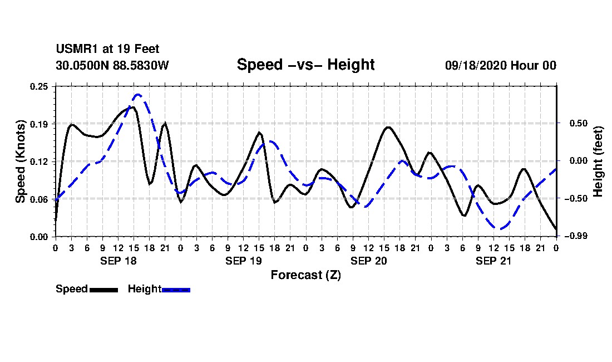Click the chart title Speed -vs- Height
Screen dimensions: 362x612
(x=305, y=65)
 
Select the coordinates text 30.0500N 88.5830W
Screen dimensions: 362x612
(x=112, y=66)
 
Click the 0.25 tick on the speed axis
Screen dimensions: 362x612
(x=40, y=86)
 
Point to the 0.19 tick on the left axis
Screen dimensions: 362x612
(x=40, y=124)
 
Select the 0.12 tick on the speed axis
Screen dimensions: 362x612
(x=40, y=162)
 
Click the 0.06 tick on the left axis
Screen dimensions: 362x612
(x=40, y=199)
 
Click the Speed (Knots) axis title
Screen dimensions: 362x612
(x=21, y=162)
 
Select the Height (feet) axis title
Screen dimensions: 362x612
(x=598, y=162)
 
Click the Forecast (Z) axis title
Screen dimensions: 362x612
(x=305, y=275)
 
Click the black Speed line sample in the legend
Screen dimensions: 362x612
(x=103, y=290)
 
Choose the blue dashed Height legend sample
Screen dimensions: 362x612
(x=176, y=290)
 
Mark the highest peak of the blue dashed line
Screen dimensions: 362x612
(x=138, y=95)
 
